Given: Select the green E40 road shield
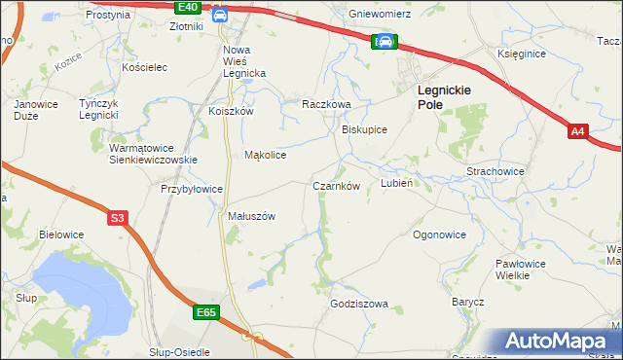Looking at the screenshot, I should pyautogui.click(x=190, y=7).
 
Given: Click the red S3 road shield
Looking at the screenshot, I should pyautogui.click(x=118, y=218).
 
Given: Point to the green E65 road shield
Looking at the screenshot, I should pyautogui.click(x=204, y=312).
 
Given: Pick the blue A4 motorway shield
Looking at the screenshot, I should pyautogui.click(x=577, y=129).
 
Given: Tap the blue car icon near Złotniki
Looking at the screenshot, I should pyautogui.click(x=220, y=15).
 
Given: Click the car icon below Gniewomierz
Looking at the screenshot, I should pyautogui.click(x=385, y=41).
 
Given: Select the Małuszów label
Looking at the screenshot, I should pyautogui.click(x=252, y=216).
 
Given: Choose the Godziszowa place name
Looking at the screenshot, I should pyautogui.click(x=359, y=304).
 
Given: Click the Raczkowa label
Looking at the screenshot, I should pyautogui.click(x=325, y=102).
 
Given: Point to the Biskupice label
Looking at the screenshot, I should pyautogui.click(x=365, y=129).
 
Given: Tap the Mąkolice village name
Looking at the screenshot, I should pyautogui.click(x=265, y=155).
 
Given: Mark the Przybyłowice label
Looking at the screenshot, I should pyautogui.click(x=192, y=189).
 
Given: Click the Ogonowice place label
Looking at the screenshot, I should pyautogui.click(x=439, y=234).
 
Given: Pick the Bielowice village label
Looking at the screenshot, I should pyautogui.click(x=61, y=234).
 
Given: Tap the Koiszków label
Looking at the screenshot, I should pyautogui.click(x=231, y=111).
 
